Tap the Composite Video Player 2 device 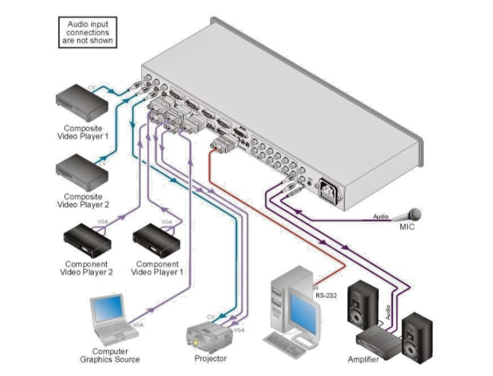[x=82, y=171]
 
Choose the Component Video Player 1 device [x=153, y=239]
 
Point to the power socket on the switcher [x=330, y=191]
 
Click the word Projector [x=210, y=359]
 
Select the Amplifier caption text [x=363, y=359]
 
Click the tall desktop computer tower [x=283, y=300]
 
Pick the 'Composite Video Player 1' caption [x=82, y=132]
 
